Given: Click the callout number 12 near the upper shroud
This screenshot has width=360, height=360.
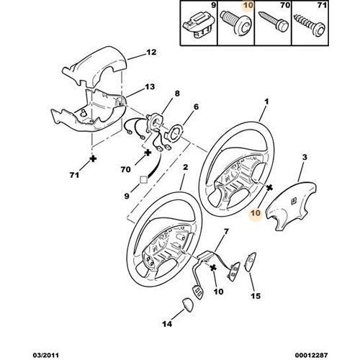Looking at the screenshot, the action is (151, 52).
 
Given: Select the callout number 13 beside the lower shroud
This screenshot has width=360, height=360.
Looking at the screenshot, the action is (150, 86).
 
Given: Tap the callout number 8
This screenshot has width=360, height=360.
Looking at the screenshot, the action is (177, 94).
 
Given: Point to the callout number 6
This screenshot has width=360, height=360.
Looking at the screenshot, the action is (196, 107).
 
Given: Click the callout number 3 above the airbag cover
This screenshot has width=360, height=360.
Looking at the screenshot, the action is (305, 158).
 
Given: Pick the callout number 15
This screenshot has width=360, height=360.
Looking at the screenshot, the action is (256, 296).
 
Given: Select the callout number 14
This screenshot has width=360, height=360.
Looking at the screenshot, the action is (167, 324).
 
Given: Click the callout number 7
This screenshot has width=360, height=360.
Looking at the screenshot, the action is (226, 232).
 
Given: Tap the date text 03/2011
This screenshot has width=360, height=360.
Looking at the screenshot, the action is (45, 355).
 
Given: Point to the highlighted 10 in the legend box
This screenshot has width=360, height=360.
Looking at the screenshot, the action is (248, 5).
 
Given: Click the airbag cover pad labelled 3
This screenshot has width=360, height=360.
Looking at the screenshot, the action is (291, 206).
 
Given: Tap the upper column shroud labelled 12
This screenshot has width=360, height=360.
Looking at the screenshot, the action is (94, 66).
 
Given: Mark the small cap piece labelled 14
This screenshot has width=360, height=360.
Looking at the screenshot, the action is (189, 305).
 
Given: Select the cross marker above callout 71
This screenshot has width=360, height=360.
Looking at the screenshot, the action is (92, 158).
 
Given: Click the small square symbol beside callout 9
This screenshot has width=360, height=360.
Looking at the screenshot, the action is (143, 180).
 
